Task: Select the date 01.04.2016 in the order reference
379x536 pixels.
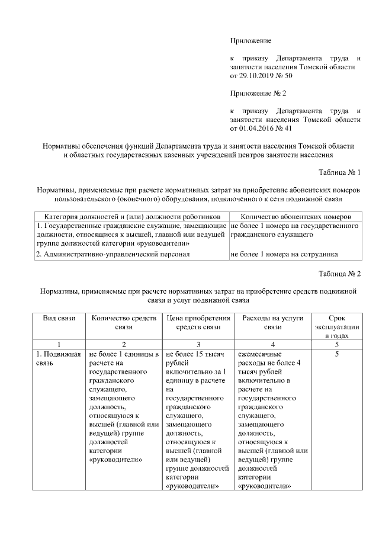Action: pos(256,128)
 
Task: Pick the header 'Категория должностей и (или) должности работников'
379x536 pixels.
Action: pos(132,217)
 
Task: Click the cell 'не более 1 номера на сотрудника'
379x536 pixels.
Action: pos(284,255)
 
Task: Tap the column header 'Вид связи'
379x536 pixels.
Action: pos(59,318)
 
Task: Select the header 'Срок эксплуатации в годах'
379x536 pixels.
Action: pos(336,326)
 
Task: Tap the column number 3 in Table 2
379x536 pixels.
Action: pos(198,344)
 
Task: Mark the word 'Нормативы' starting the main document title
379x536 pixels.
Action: pos(66,146)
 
